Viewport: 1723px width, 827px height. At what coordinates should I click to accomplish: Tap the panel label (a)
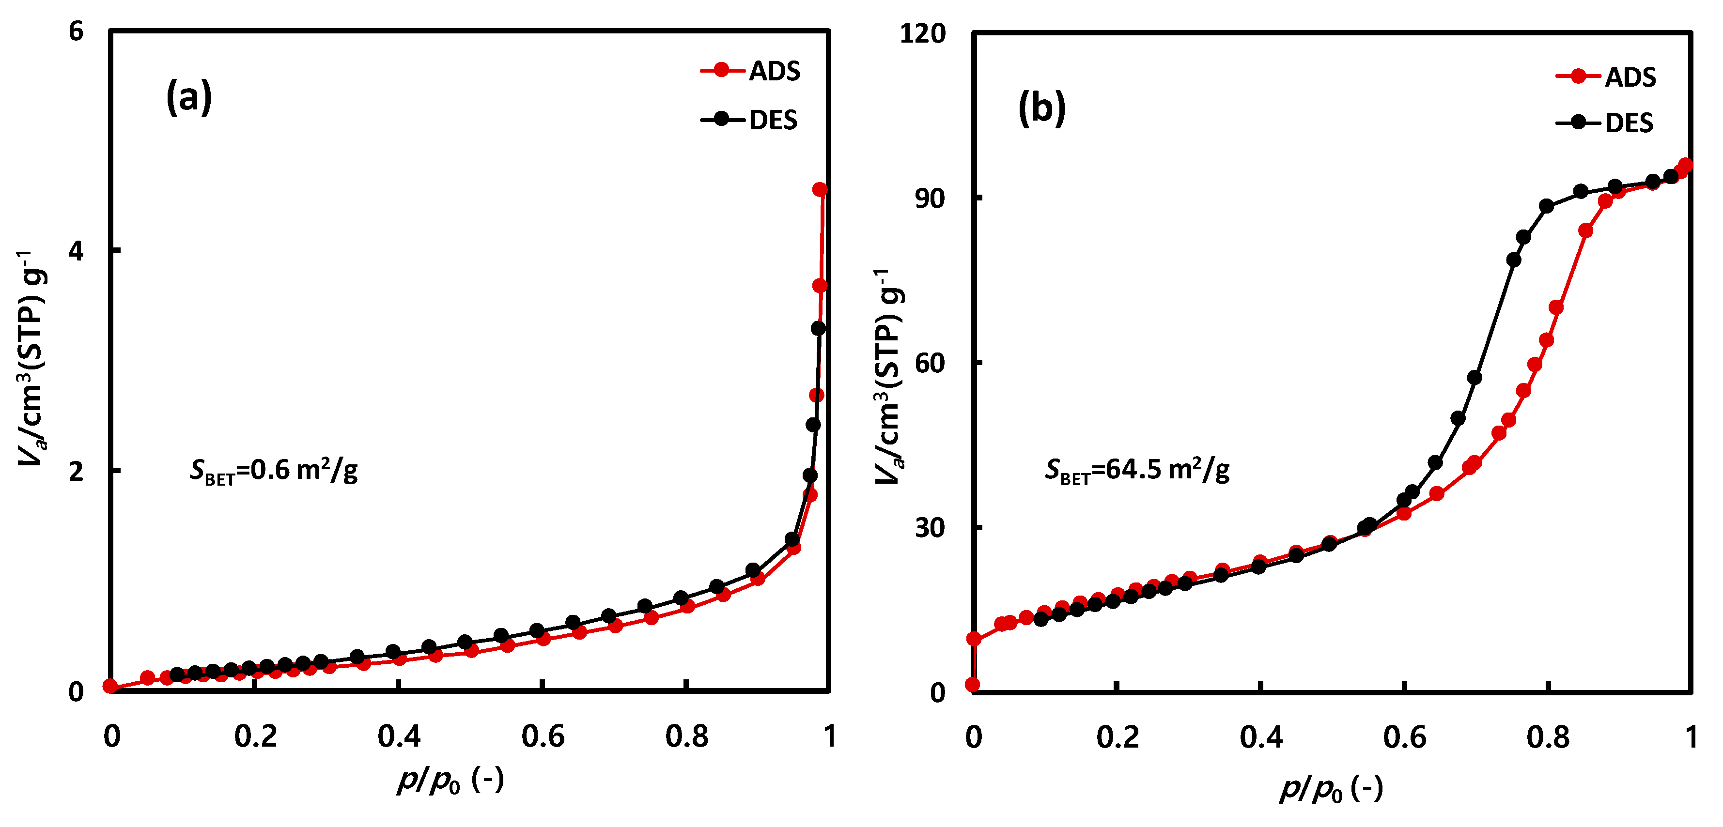(x=188, y=97)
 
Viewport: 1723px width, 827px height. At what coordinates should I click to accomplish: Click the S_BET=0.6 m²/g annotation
(x=274, y=471)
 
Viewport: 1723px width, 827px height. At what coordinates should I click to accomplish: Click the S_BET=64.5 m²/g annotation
(x=1137, y=471)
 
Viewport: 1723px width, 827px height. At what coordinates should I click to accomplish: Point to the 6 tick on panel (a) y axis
(x=76, y=31)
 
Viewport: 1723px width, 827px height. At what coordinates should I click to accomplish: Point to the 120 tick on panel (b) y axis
(x=923, y=33)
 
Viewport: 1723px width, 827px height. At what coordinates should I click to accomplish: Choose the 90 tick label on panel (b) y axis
(x=930, y=198)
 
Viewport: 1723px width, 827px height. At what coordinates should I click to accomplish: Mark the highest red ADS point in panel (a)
(x=820, y=190)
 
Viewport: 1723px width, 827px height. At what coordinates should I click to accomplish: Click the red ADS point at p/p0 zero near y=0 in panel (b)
(x=973, y=685)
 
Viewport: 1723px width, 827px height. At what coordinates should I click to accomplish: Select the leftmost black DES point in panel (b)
(x=1041, y=619)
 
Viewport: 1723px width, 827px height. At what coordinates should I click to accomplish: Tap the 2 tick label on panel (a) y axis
(x=76, y=471)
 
